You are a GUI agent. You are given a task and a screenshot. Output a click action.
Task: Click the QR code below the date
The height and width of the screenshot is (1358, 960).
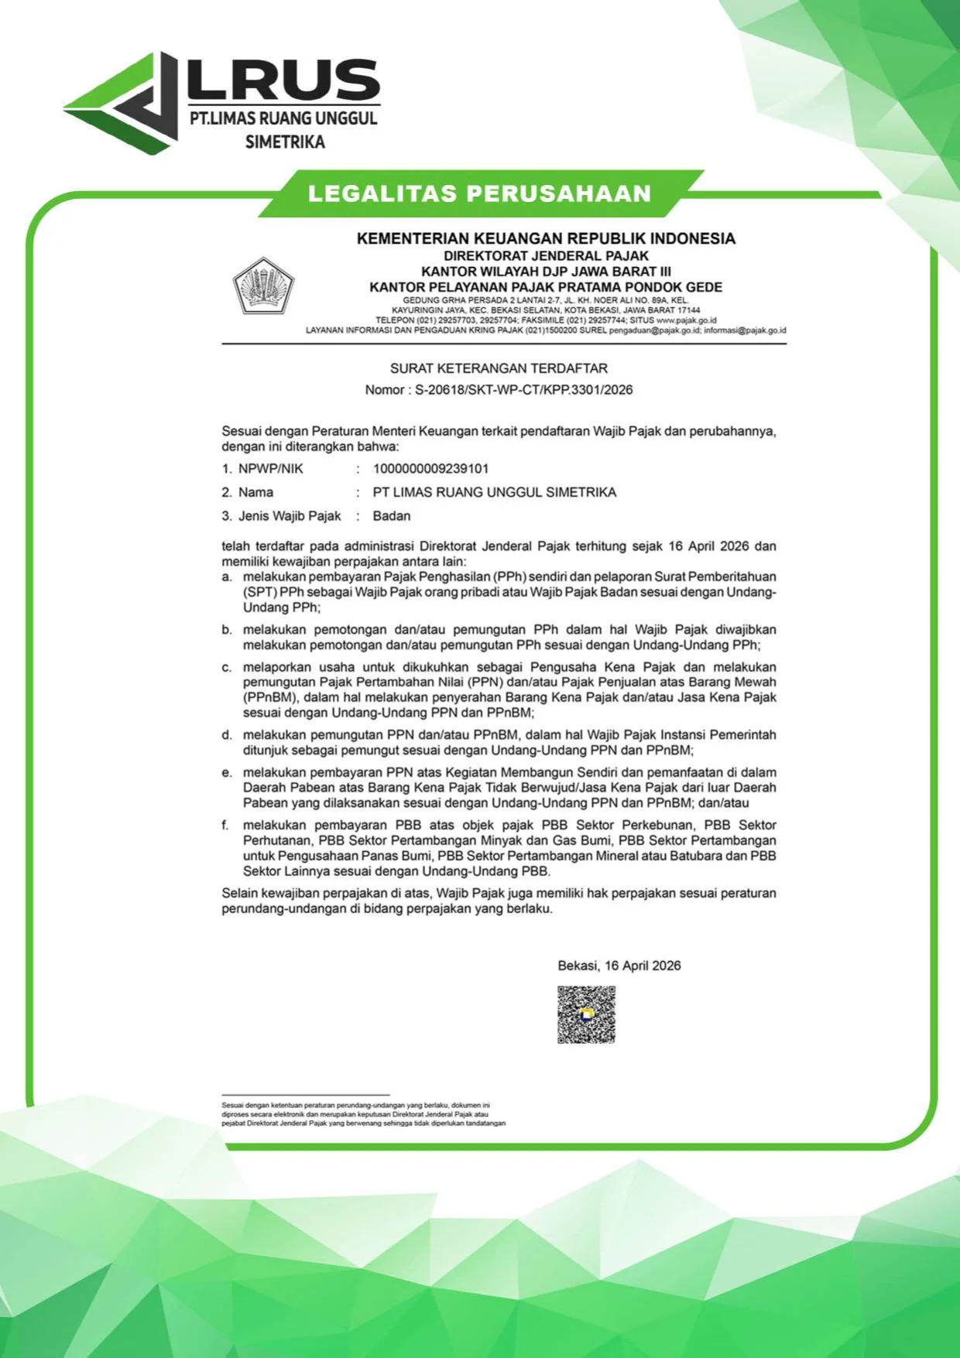pos(586,1014)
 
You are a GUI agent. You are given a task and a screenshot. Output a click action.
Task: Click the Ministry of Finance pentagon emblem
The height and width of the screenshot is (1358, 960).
pos(263,286)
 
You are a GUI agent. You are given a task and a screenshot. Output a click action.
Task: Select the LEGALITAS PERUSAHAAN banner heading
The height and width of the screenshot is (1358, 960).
pos(479,193)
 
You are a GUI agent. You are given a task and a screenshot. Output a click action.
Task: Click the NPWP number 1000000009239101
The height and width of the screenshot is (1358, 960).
pos(430,469)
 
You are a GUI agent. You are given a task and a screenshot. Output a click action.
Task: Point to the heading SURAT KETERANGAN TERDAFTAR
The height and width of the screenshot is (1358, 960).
pos(499,368)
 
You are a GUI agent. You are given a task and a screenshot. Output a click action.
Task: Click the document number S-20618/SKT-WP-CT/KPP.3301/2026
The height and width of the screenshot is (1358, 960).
pos(523,390)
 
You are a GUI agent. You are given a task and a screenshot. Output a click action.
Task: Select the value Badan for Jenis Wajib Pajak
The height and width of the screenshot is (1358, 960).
pos(392,516)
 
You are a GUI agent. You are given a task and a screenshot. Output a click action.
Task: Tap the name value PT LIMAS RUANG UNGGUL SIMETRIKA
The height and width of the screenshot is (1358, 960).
pos(494,492)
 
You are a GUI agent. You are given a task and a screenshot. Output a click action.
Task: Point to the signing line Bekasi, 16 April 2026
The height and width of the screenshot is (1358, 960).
pos(619,966)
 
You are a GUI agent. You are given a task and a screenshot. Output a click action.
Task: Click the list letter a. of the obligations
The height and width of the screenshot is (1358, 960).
pos(227,577)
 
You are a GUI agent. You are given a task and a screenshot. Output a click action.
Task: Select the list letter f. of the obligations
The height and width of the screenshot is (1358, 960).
pos(225,826)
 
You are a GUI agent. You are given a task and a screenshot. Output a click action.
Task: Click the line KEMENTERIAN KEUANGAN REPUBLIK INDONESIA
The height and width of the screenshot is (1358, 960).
pos(546,238)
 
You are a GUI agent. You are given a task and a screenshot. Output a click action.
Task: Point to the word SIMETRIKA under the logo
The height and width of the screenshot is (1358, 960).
pos(285,142)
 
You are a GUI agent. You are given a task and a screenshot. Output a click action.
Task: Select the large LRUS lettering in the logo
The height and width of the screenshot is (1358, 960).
pos(283,80)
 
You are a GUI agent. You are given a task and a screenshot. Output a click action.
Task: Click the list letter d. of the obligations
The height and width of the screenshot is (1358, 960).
pos(227,735)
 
